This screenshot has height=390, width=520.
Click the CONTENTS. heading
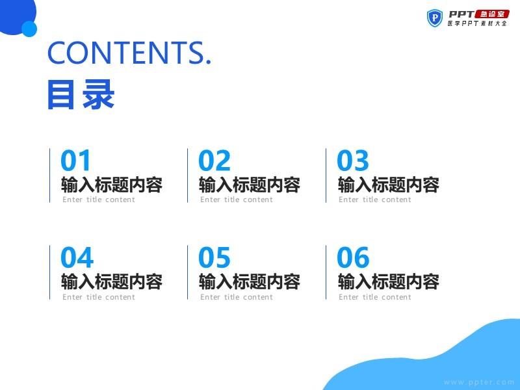pos(129,53)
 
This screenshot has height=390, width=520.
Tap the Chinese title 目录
pos(81,94)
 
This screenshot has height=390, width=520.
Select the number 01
pos(75,160)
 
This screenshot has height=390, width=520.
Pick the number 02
pos(214,160)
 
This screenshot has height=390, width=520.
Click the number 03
pos(352,160)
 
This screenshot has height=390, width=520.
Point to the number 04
pos(77,257)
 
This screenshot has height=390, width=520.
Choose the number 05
pos(214,257)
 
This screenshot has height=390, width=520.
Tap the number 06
pos(353,257)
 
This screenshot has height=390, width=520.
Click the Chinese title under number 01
pos(112,185)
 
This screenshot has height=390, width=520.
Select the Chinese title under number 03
pos(388,185)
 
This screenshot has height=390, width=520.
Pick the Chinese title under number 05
pos(250,281)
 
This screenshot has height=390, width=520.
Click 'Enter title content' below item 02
pos(237,200)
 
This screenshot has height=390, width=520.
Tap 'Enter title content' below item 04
pos(99,297)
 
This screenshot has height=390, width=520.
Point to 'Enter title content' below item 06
pos(375,297)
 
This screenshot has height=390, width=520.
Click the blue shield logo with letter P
pos(434,18)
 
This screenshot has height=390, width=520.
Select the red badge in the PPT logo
pos(492,14)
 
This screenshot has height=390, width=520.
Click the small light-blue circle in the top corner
pos(29,29)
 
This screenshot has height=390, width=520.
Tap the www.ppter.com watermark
pos(478,382)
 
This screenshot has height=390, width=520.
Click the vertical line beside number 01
pos(50,175)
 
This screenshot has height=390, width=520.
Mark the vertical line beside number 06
pos(326,272)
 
